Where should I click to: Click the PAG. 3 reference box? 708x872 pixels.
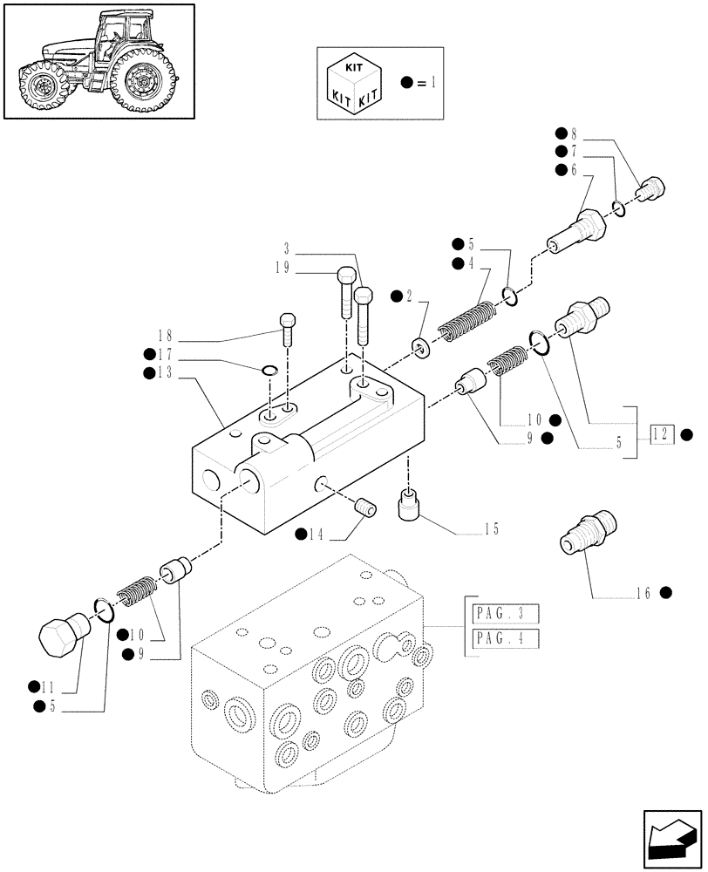click(x=503, y=612)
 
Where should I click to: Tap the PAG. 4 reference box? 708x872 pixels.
click(x=503, y=640)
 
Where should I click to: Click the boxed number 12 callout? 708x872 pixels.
click(x=661, y=433)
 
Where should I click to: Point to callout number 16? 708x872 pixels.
click(x=644, y=593)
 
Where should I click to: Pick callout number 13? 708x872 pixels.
click(x=164, y=372)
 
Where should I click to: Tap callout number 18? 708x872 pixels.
click(x=166, y=335)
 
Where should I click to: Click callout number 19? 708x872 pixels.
click(x=281, y=269)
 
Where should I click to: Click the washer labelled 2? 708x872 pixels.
click(x=422, y=350)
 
